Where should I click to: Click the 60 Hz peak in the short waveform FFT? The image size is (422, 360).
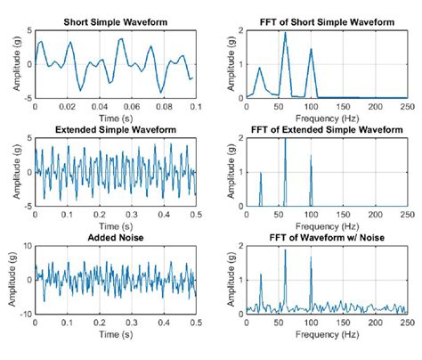click(x=285, y=33)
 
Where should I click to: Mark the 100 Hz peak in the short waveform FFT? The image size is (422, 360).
click(x=311, y=50)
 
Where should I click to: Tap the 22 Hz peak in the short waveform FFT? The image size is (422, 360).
click(x=260, y=69)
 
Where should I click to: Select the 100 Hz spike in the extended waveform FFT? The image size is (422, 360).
click(x=311, y=157)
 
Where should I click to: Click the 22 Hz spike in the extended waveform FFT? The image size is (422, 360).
click(x=260, y=173)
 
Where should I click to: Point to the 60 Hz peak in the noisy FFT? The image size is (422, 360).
click(x=285, y=250)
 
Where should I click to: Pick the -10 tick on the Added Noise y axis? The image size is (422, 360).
click(x=24, y=314)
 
